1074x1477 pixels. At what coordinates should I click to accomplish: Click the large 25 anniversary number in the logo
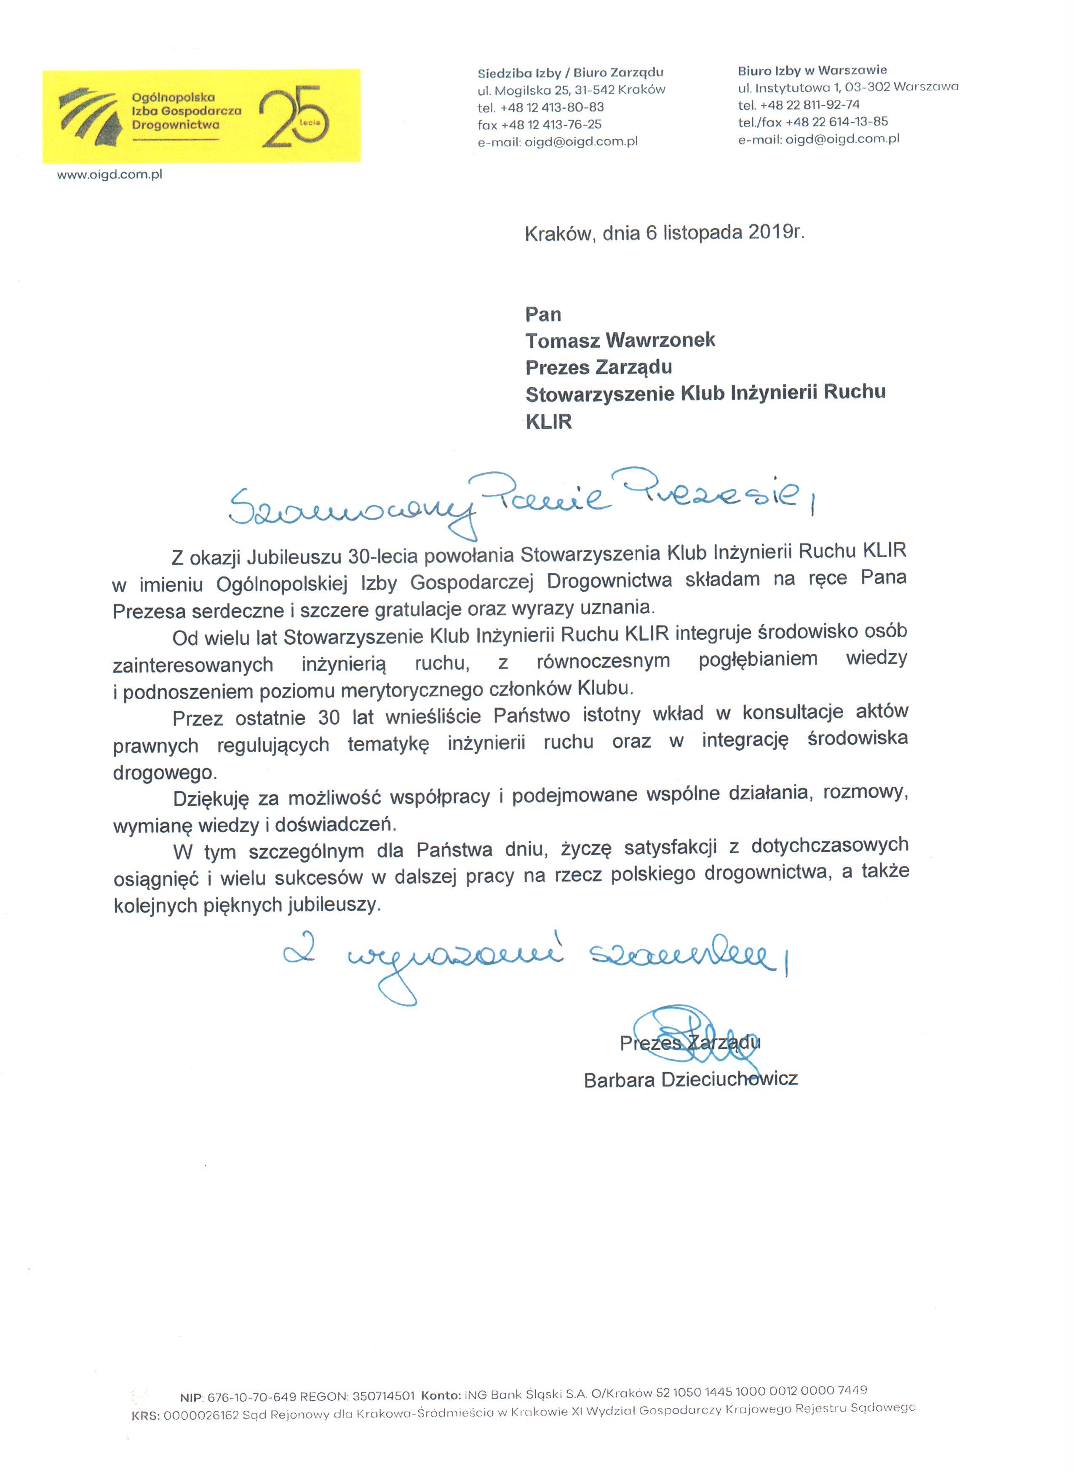[294, 116]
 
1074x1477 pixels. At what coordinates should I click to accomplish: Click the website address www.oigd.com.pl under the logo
[110, 174]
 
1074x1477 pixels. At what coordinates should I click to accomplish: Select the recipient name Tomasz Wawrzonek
[620, 340]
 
